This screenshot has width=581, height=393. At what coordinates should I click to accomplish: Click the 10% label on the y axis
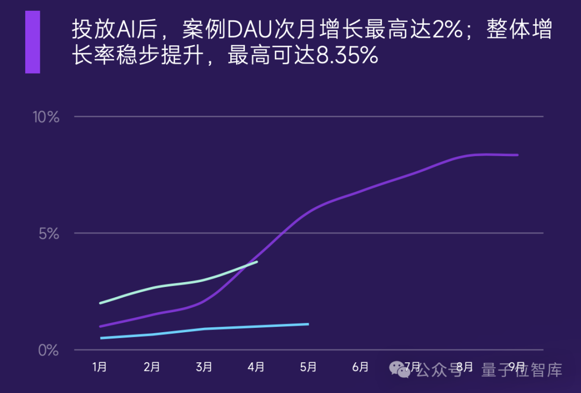pos(46,117)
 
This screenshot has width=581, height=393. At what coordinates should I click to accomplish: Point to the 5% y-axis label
pos(49,234)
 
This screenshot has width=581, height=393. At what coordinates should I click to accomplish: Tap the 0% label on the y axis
pos(49,350)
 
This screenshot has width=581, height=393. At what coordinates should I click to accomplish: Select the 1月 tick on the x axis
pos(100,367)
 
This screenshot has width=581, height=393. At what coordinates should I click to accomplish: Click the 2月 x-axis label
pos(152,367)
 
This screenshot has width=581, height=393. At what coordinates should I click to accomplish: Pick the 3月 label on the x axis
pos(204,367)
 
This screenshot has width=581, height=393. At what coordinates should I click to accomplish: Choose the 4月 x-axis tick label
pos(256,367)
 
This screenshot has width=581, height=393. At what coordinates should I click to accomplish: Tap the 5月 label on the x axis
pos(308,367)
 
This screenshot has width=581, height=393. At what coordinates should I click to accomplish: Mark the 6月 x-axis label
pos(360,367)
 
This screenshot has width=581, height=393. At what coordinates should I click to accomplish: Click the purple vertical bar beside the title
pos(32,42)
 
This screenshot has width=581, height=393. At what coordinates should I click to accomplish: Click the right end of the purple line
pos(518,155)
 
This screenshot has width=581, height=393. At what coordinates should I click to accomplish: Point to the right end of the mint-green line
pos(257,262)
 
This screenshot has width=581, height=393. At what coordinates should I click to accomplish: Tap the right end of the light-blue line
pos(308,324)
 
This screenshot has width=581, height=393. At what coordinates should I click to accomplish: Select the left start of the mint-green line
pos(100,303)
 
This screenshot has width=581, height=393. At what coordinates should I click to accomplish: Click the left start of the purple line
pos(100,326)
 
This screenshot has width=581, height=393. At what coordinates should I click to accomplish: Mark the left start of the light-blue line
pos(101,338)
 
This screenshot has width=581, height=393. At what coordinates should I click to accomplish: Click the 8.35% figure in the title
pos(346,56)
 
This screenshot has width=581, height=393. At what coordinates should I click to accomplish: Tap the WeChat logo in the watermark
pos(400,369)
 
